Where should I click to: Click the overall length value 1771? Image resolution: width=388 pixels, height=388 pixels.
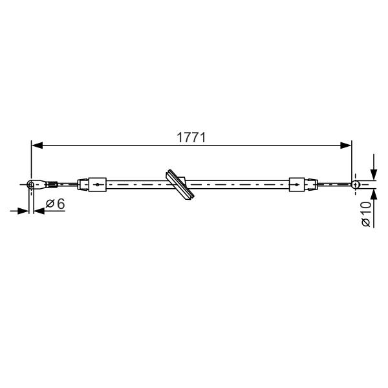191,137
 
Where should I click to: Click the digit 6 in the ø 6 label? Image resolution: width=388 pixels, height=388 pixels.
61,204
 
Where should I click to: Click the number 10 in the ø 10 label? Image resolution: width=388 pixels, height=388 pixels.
366,208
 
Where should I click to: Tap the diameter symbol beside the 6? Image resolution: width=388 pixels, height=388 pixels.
50,204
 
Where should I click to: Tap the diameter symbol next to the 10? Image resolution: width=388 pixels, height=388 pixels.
366,222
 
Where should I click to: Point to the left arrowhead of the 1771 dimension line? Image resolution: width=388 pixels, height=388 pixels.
38,145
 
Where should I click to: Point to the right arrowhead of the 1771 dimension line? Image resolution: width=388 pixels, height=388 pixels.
346,145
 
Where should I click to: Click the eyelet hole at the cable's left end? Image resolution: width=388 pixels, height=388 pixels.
30,184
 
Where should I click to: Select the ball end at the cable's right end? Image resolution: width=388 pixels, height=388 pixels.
355,184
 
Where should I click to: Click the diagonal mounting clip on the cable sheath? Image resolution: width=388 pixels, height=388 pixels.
180,184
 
